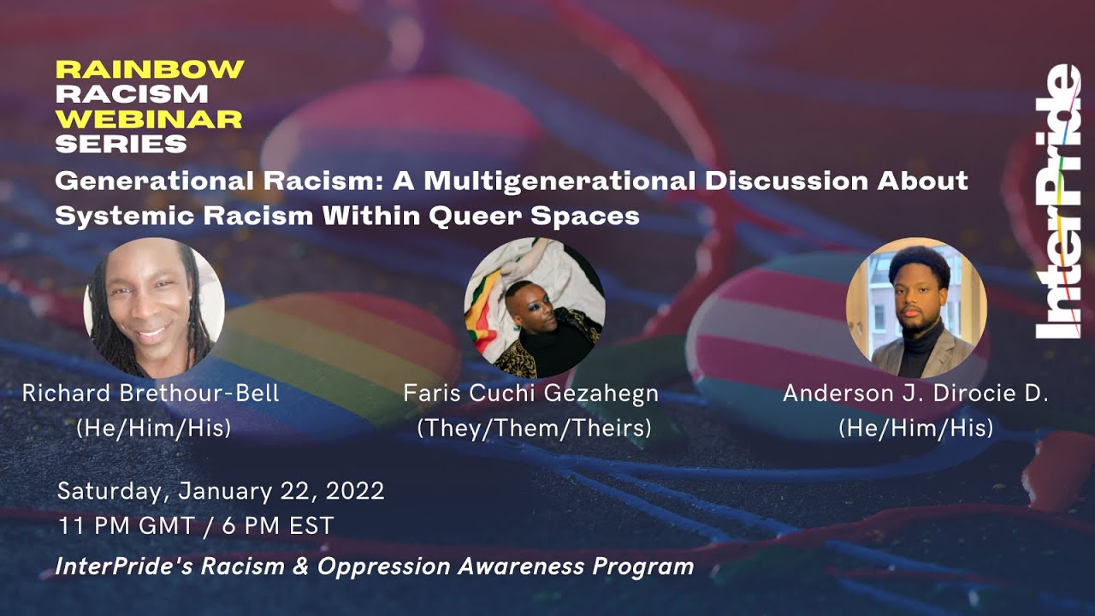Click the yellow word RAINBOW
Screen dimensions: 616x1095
pos(150,70)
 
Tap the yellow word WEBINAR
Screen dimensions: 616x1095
pos(148,119)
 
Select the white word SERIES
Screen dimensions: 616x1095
pos(121,144)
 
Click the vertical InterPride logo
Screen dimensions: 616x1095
pos(1057,203)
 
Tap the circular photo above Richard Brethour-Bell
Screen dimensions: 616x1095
pos(154,308)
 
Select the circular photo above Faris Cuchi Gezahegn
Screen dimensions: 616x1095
pos(535,308)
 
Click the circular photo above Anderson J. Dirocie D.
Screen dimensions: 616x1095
pos(916,308)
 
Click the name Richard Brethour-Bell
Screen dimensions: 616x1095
pos(151,394)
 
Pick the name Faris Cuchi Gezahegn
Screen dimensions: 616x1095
pos(531,394)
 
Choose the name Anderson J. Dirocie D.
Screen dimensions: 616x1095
pos(916,394)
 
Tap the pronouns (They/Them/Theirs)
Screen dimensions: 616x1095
pos(534,428)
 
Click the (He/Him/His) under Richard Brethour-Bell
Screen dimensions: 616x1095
pos(154,428)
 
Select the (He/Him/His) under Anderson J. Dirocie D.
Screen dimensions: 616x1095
pos(916,428)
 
